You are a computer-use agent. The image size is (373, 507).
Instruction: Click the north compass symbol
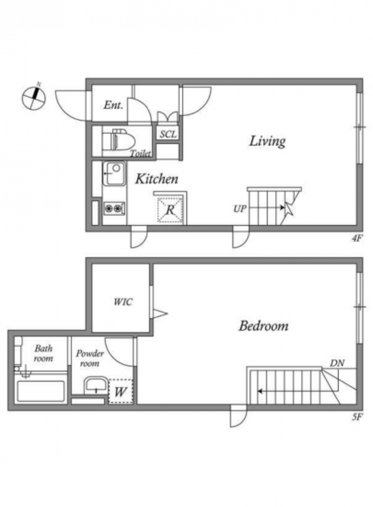(x=34, y=97)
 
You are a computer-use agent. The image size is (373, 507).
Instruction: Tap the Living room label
(x=268, y=141)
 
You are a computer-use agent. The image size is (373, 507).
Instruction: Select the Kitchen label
(x=157, y=179)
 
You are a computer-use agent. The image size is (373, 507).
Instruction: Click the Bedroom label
(x=263, y=326)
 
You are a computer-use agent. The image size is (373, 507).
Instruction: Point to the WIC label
(x=123, y=302)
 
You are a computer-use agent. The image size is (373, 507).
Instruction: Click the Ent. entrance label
(x=113, y=105)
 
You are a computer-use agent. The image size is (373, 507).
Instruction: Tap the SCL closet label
(x=168, y=134)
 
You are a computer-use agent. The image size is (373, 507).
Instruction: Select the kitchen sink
(x=114, y=174)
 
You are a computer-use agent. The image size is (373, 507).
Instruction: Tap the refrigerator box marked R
(x=170, y=210)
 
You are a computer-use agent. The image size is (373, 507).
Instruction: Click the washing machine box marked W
(x=120, y=391)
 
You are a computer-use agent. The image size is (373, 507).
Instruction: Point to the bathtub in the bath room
(x=41, y=391)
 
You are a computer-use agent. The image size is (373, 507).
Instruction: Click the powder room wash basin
(x=96, y=385)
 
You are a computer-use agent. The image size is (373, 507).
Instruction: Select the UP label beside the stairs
(x=240, y=209)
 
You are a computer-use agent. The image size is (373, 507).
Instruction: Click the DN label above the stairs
(x=337, y=363)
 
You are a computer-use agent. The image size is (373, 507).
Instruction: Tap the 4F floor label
(x=357, y=238)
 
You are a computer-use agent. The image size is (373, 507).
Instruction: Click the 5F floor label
(x=357, y=417)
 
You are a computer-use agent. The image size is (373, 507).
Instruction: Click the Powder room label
(x=90, y=358)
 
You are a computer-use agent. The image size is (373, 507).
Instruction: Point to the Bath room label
(x=44, y=353)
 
